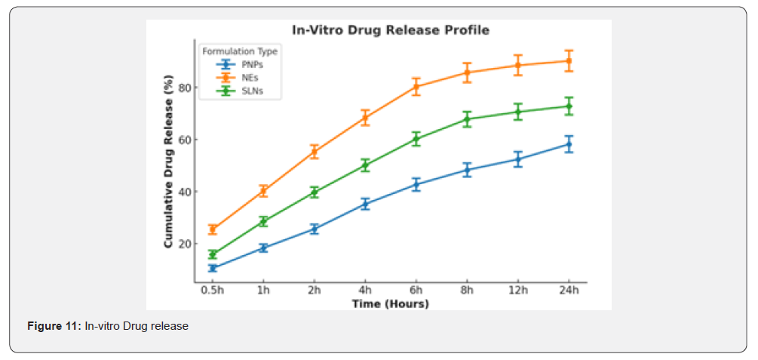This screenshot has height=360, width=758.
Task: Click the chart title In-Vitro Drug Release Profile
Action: click(391, 30)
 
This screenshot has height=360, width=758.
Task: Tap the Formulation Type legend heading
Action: click(240, 51)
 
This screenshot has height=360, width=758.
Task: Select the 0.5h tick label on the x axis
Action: click(213, 291)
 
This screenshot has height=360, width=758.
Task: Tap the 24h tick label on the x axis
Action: click(569, 291)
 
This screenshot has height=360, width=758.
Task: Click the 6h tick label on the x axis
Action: click(416, 291)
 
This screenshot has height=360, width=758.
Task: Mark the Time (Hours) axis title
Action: click(390, 303)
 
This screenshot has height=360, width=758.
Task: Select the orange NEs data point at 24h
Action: click(569, 60)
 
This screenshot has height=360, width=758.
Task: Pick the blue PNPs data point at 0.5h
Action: click(213, 268)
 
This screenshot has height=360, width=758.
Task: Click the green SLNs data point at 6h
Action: click(416, 139)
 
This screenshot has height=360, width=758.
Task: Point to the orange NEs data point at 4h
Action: click(365, 118)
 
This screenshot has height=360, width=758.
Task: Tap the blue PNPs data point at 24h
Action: click(569, 144)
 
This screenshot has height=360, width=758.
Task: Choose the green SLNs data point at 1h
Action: click(263, 221)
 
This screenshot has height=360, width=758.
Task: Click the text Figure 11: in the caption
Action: click(54, 326)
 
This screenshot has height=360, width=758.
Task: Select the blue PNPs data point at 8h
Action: click(467, 170)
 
